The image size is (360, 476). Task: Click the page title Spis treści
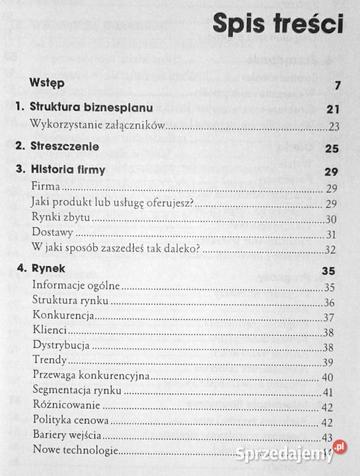(x=278, y=25)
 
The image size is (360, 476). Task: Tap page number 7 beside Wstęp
(x=337, y=85)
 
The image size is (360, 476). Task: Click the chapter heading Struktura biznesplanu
(x=92, y=107)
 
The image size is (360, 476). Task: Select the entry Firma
(x=46, y=188)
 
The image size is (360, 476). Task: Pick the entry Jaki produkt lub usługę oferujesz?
(x=112, y=203)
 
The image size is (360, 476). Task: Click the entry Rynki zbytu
(x=65, y=219)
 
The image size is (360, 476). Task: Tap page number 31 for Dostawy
(x=332, y=235)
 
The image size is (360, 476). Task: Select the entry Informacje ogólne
(x=75, y=286)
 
